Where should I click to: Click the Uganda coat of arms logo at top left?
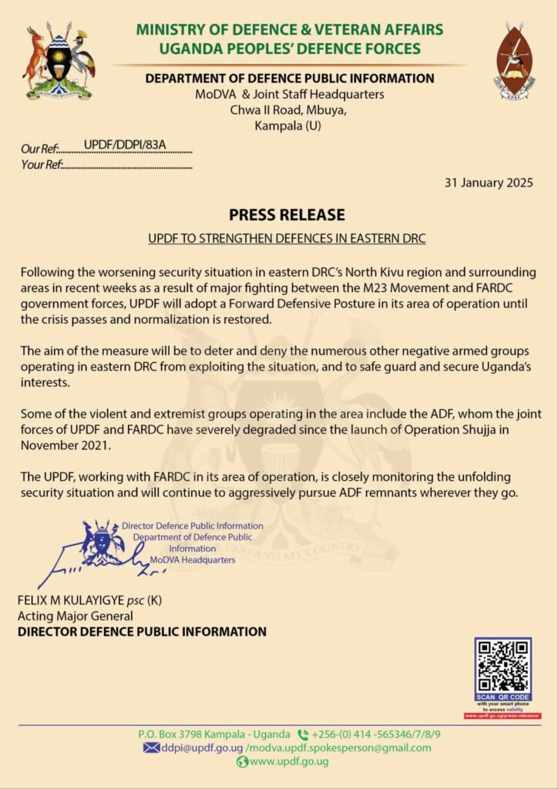(x=59, y=63)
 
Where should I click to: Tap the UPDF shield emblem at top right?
(x=516, y=61)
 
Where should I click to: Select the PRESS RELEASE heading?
(x=287, y=214)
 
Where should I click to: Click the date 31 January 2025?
(x=489, y=183)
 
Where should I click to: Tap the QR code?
(x=503, y=666)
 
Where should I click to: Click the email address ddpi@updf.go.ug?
(x=202, y=747)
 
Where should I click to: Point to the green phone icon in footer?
(x=303, y=734)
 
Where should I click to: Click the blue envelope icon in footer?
(x=151, y=747)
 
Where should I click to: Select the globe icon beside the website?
(x=242, y=762)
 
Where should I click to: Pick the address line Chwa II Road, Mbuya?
(x=289, y=109)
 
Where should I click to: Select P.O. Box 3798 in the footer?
(x=174, y=734)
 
